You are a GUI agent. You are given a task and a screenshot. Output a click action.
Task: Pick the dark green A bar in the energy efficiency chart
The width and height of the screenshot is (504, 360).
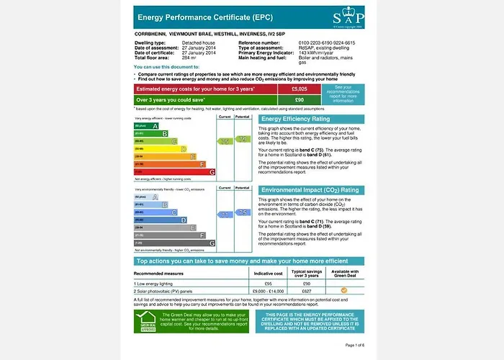click(146, 125)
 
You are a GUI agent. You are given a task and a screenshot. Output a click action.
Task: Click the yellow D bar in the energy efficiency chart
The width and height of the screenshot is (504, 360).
click(160, 149)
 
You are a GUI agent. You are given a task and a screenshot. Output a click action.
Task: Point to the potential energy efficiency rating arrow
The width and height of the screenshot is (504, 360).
click(243, 138)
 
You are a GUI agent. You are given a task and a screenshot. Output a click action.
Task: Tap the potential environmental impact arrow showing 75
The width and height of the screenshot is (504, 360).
click(243, 212)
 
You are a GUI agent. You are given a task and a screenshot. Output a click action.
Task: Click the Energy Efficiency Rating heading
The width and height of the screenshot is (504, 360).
click(306, 119)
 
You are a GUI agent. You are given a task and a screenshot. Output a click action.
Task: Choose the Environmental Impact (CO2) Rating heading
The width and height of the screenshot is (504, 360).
click(310, 190)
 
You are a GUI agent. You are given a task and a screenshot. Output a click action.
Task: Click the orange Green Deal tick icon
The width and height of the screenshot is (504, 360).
click(344, 290)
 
